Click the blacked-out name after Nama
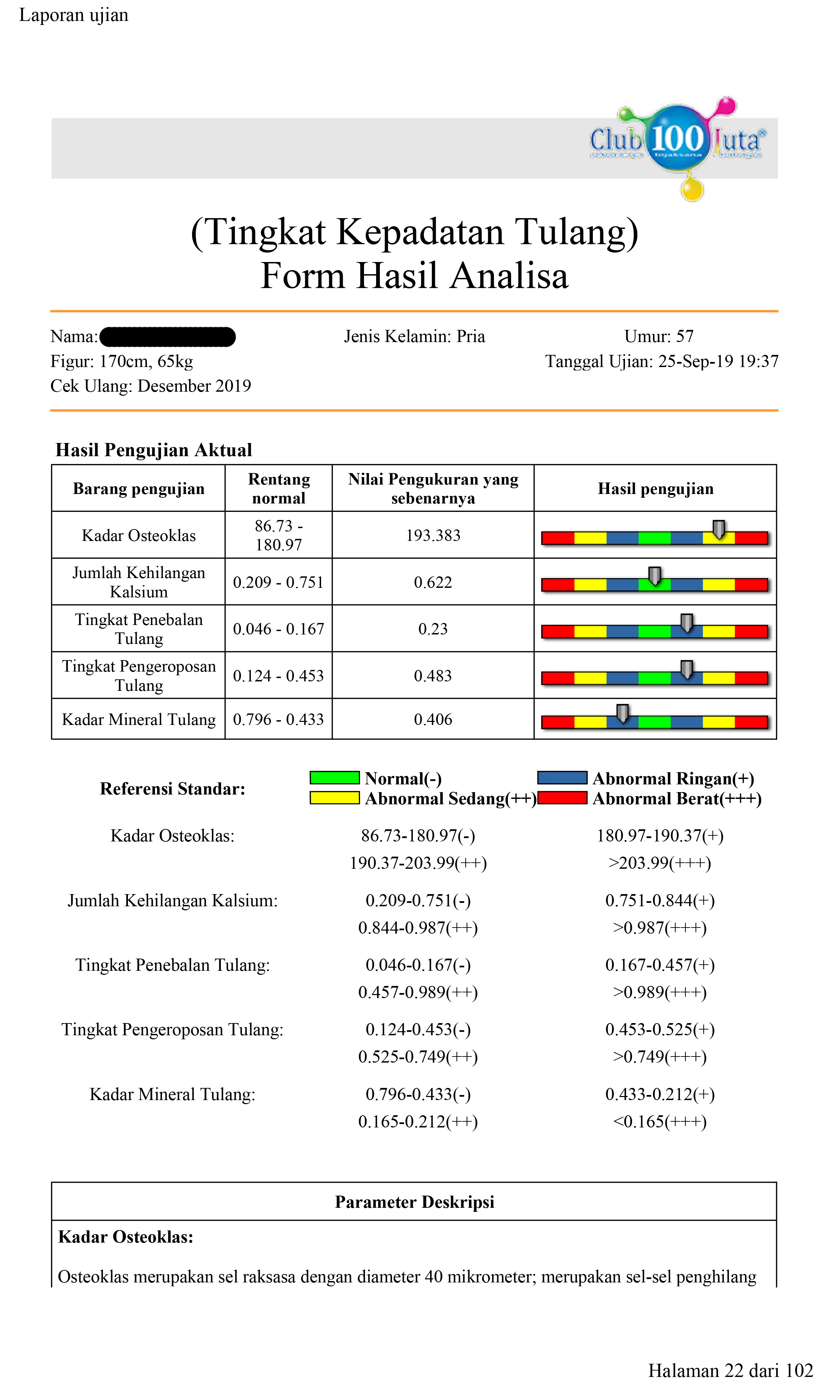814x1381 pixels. click(168, 337)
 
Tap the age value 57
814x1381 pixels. click(685, 336)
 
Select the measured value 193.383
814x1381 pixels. click(433, 535)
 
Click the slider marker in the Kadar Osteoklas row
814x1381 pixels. click(718, 529)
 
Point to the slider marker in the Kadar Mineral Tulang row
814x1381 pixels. click(622, 713)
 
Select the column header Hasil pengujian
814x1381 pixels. click(655, 489)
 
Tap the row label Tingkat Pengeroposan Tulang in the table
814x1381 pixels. click(139, 676)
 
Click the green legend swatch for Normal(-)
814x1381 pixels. click(335, 778)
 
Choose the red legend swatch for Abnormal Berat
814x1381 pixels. click(562, 798)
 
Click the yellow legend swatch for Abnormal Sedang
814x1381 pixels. click(335, 798)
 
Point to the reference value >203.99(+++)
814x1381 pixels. click(659, 863)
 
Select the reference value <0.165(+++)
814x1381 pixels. click(659, 1122)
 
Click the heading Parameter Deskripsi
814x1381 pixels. click(414, 1202)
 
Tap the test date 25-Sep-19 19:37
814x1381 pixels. click(718, 361)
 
